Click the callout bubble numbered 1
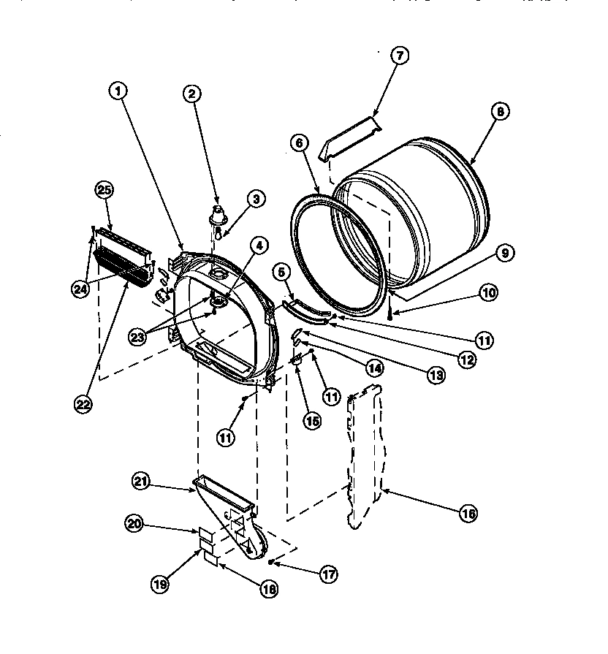118,91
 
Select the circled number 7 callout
400,56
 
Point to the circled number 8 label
499,112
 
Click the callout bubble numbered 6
298,145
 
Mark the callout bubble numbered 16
468,514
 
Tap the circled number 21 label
142,481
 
